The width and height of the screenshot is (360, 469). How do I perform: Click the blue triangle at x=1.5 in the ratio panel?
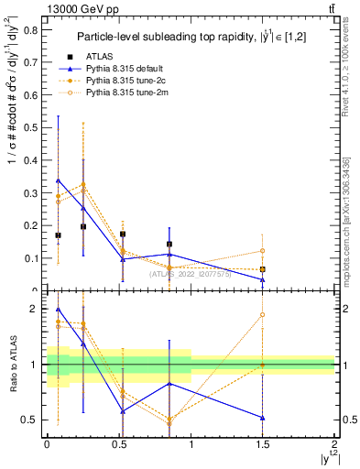[263, 418]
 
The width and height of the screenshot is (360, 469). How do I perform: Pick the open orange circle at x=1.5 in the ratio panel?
[263, 314]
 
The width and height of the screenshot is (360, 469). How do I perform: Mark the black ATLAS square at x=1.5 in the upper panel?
[263, 269]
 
